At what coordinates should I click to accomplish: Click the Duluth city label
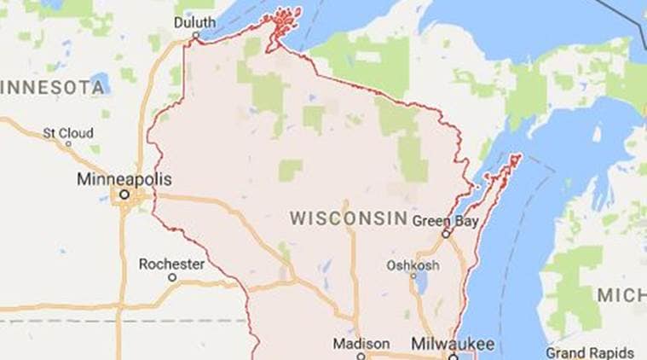coord(194,22)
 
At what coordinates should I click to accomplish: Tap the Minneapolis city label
coord(124,180)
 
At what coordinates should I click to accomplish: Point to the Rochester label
coord(171,264)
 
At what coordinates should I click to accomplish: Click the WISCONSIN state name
coord(348,218)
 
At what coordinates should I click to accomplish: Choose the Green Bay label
coord(444,220)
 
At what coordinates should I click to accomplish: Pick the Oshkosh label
coord(413,265)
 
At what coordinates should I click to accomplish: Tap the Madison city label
coord(361,343)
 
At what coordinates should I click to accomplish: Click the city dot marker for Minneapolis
coord(124,195)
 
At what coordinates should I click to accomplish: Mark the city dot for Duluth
coord(196,36)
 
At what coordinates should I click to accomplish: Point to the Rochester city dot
coord(171,277)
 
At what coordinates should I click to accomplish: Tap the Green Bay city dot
coord(444,233)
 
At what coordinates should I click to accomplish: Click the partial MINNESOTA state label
coord(50,86)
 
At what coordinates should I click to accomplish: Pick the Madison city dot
coord(361,356)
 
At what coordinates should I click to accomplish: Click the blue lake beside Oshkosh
coord(420,282)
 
